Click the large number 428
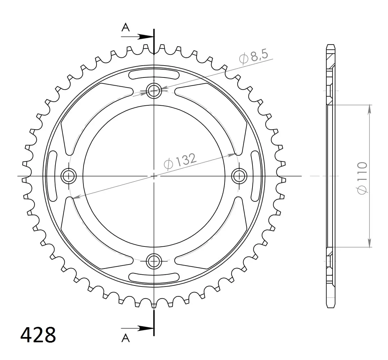38,335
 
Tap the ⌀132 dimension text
181,161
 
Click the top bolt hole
154,91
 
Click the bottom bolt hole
154,261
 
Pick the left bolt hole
69,176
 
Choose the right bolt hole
239,176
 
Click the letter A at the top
126,28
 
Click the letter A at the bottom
126,338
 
